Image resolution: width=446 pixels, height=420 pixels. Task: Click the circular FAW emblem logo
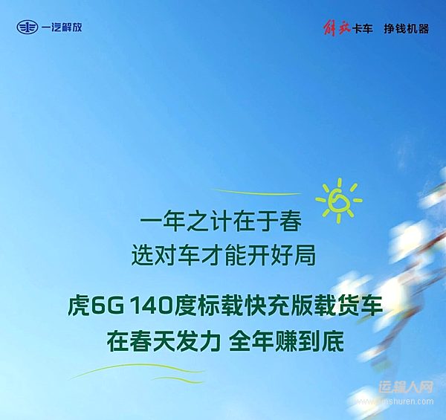coord(28,28)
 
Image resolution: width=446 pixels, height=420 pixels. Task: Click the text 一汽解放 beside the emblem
coord(62,28)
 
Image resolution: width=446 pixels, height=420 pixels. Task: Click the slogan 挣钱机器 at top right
coord(407,28)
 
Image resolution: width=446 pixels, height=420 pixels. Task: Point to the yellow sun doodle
coord(338,200)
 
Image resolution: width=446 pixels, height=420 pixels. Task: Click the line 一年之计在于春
coord(222,222)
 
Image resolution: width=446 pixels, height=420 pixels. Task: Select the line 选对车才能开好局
coord(222,256)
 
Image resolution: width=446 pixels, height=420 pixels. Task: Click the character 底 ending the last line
coord(336,341)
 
